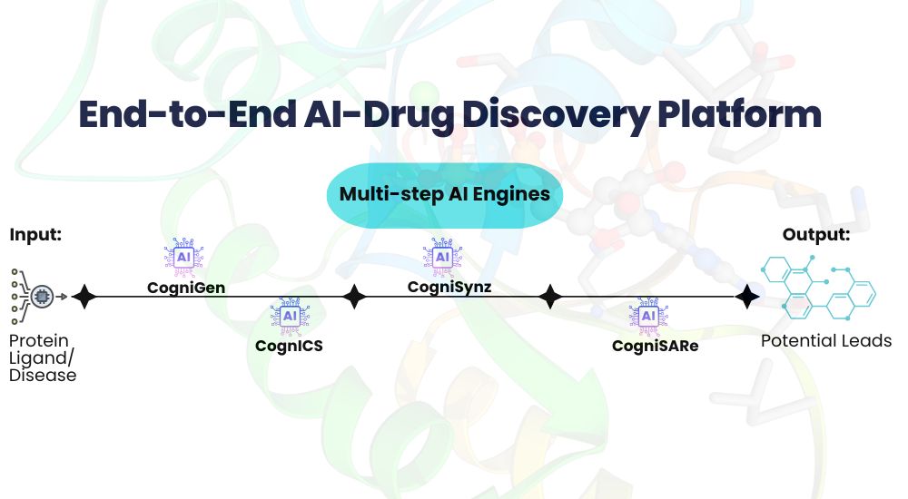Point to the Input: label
point(36,235)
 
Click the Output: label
point(816,235)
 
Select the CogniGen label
point(186,288)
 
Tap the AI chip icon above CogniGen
point(183,258)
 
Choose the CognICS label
point(289,346)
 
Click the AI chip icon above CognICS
point(290,316)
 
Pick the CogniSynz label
point(443,288)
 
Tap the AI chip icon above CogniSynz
point(443,258)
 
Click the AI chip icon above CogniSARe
point(647,316)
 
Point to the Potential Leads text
point(825,341)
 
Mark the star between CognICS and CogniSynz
point(354,297)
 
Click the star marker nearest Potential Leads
point(746,297)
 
